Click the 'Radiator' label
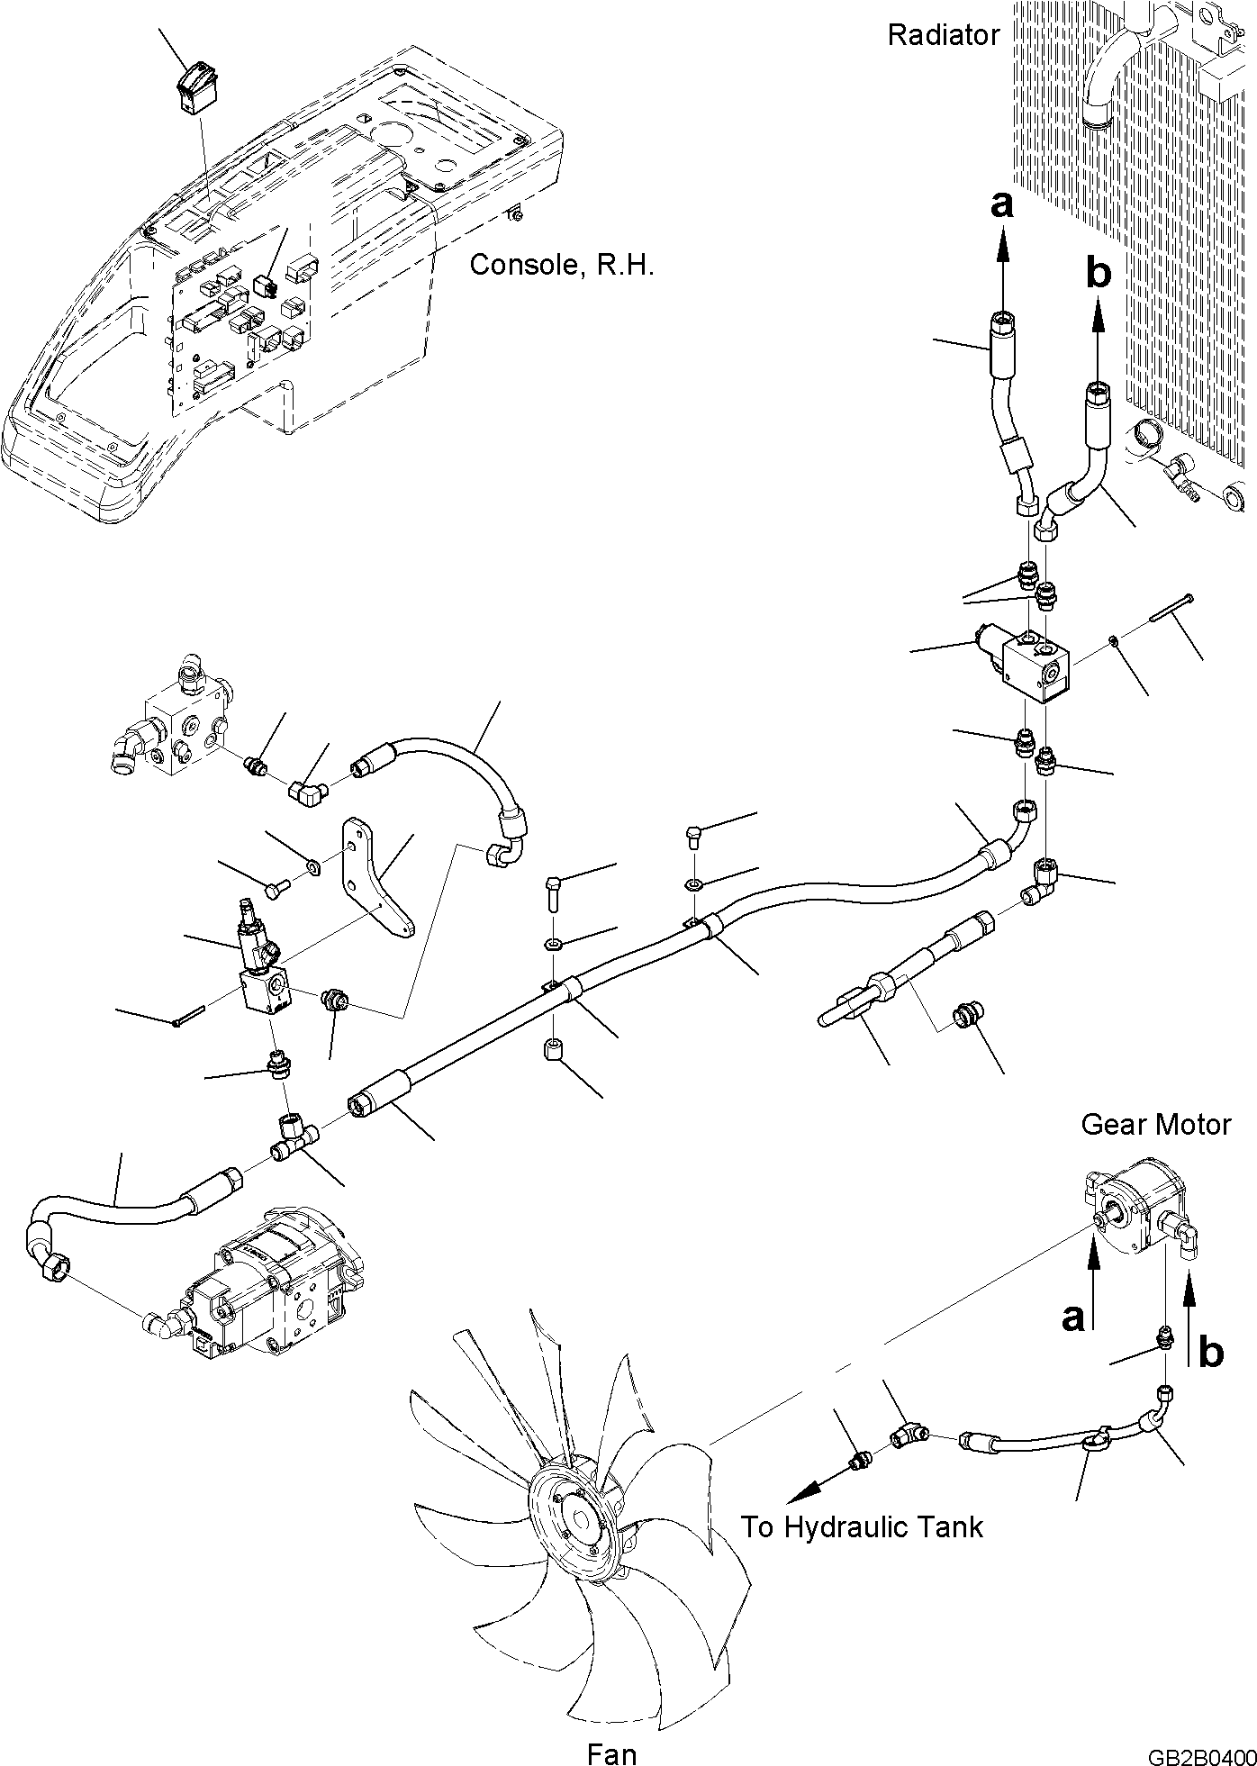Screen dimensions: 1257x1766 (x=943, y=36)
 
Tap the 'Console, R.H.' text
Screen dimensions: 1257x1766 (x=561, y=265)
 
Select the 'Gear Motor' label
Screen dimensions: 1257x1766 (x=1155, y=1124)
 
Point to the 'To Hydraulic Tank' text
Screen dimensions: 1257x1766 (x=862, y=1526)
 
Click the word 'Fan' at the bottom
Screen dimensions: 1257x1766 (x=611, y=1729)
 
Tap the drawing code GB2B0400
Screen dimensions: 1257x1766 (x=1201, y=1734)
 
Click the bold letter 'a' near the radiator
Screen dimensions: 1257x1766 (x=1001, y=205)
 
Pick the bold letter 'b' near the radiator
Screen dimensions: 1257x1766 (x=1099, y=271)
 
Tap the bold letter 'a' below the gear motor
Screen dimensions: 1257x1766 (x=1072, y=1317)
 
